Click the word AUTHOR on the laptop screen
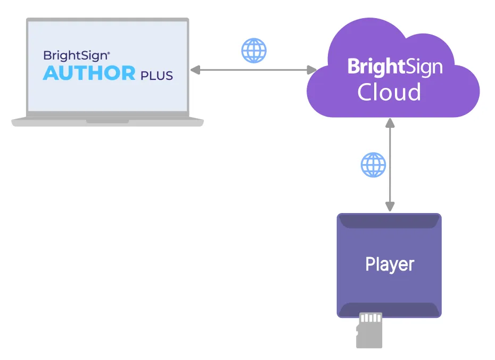pos(89,73)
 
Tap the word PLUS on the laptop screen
pos(156,76)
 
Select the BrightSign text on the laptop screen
pos(77,56)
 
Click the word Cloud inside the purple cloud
pos(389,92)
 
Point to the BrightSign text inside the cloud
pos(395,67)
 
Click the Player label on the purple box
pos(390,264)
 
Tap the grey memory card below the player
pos(369,330)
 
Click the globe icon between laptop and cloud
pos(254,51)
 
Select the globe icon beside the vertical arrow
pos(373,165)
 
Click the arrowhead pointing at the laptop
pos(195,70)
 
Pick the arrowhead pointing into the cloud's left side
pos(311,70)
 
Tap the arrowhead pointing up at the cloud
pos(390,123)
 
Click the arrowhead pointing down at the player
pos(390,207)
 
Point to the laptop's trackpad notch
pos(108,121)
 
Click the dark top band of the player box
pos(389,221)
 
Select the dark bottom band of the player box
pos(389,310)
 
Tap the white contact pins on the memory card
pos(370,317)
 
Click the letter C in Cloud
pos(366,92)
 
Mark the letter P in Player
pos(370,264)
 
